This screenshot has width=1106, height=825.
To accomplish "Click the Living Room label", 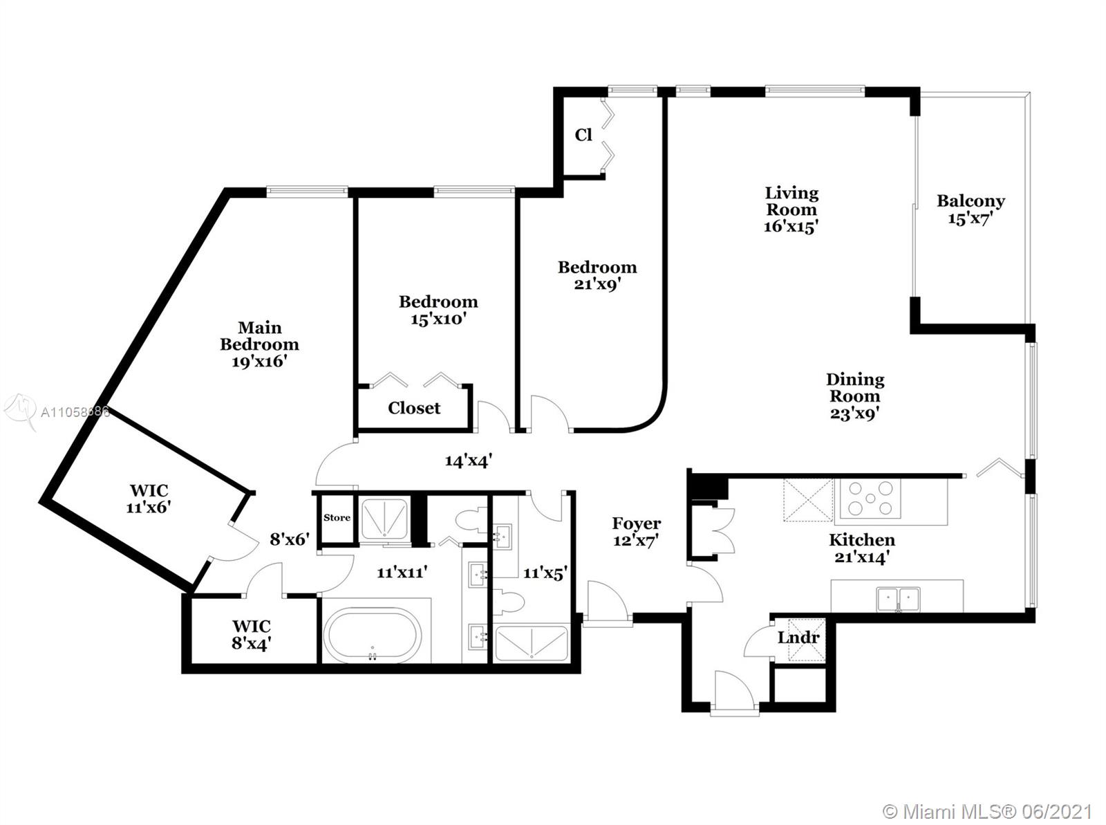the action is (791, 210).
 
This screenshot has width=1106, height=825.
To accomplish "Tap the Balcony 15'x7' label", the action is (971, 210).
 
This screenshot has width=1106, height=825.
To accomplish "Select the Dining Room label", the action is (855, 396).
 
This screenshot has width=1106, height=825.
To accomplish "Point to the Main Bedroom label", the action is (259, 344).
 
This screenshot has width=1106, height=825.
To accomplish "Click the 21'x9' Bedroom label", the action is (597, 276).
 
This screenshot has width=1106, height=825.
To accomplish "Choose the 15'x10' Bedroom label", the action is (438, 310).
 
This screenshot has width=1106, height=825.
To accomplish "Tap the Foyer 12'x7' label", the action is (637, 532).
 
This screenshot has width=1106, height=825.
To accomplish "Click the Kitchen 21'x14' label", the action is (861, 548).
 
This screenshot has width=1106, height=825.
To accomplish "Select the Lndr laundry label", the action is (798, 638).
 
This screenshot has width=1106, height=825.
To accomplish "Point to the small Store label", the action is (337, 517).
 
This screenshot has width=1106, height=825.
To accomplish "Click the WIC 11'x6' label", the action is (149, 499).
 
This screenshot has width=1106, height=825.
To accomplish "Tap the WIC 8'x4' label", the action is (252, 635).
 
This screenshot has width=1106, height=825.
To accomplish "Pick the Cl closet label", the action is (583, 135).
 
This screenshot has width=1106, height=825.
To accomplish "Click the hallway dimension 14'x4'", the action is (468, 461).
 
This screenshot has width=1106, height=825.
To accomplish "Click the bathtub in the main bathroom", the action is (373, 635).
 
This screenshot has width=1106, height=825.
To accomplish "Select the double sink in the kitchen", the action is (898, 600).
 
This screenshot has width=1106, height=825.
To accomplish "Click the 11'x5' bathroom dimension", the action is (545, 573).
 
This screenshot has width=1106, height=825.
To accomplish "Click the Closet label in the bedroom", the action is (414, 408).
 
